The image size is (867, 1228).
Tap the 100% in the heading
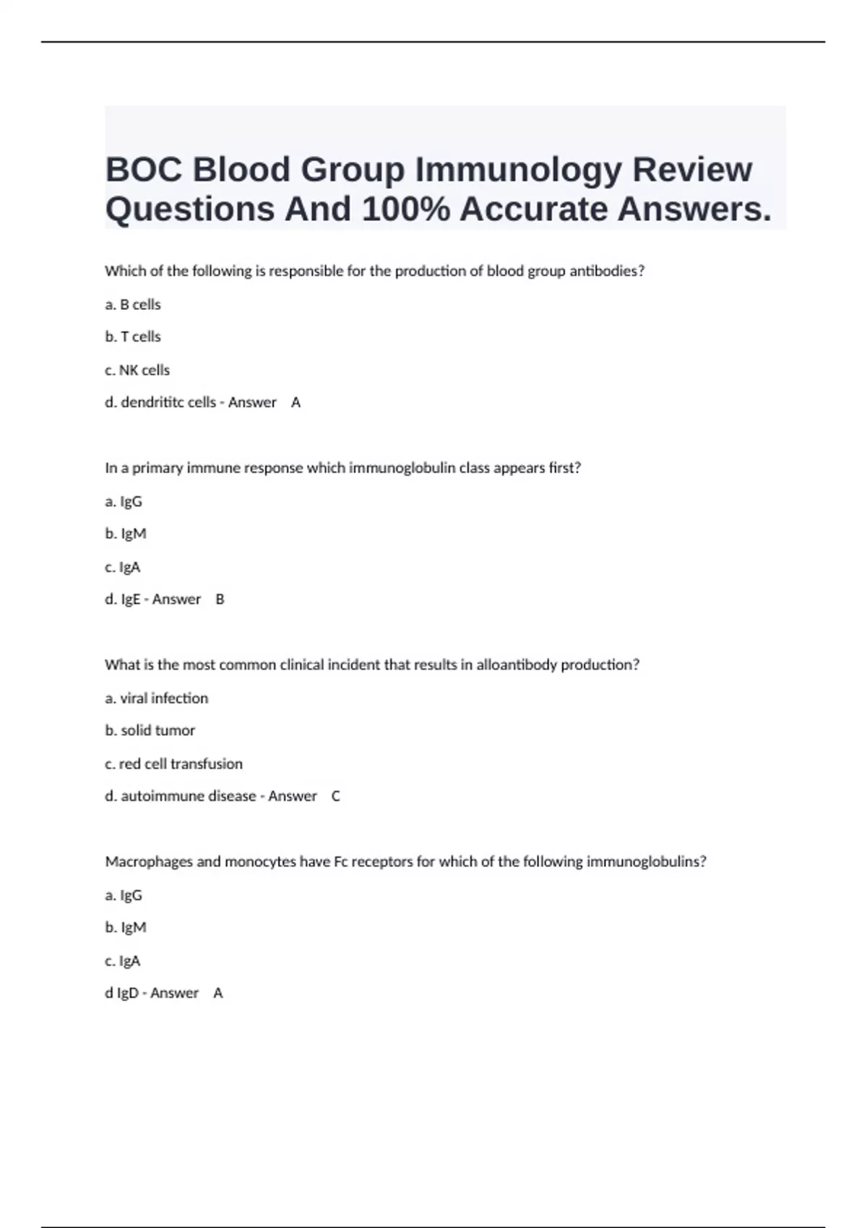point(405,209)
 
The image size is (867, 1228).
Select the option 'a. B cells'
point(133,305)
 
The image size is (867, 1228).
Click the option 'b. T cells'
point(133,337)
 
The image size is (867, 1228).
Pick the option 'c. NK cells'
point(137,370)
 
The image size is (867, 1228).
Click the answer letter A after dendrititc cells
point(296,402)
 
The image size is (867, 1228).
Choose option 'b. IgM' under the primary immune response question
point(126,534)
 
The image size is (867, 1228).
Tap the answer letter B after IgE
point(220,600)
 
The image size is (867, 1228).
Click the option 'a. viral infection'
point(156,699)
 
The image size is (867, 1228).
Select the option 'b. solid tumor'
point(150,730)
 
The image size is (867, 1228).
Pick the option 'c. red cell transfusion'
point(173,764)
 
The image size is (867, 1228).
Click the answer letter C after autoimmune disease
point(335,796)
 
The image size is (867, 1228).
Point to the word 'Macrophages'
point(150,862)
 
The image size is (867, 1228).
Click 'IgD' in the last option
point(128,993)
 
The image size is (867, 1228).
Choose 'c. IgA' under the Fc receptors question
point(123,961)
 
